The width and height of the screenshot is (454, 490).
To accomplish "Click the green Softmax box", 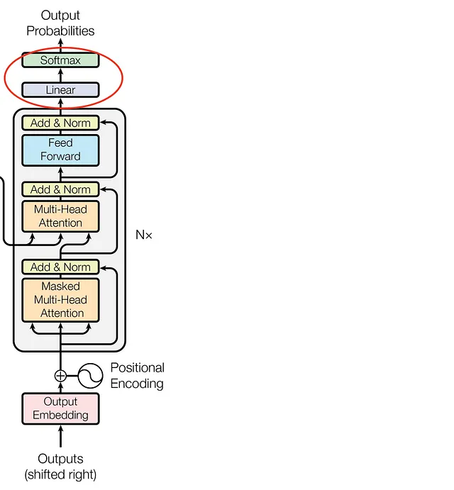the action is coord(60,60).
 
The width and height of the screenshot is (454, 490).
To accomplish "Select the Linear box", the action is coord(60,89).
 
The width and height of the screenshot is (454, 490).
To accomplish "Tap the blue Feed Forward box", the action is coord(60,150).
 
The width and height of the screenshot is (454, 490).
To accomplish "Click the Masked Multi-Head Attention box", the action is coord(60,300).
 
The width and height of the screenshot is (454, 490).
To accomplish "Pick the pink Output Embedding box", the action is coord(60,408).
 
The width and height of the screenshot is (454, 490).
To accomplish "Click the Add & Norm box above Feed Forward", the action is coord(60,123).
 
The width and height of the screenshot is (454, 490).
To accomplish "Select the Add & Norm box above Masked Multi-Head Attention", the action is coord(60,267).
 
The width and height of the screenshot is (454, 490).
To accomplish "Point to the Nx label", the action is coord(144,235).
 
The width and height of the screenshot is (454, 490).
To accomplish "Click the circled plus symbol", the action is coord(60,376).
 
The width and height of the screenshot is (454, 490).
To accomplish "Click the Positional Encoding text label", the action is coord(137,376).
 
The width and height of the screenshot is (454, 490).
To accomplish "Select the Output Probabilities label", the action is coord(60,23).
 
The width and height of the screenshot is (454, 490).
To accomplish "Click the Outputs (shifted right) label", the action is coord(60,467).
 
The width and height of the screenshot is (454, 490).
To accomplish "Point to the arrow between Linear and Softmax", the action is coord(60,75).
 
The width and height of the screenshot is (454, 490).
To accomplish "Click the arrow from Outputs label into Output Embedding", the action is coord(60,436).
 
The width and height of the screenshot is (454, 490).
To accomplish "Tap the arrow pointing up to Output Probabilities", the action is coord(60,45).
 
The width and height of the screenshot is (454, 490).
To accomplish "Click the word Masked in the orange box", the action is coord(60,286).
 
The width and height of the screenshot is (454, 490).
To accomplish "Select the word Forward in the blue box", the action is coord(60,156).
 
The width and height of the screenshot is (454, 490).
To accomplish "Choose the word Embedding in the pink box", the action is coord(60,416).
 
